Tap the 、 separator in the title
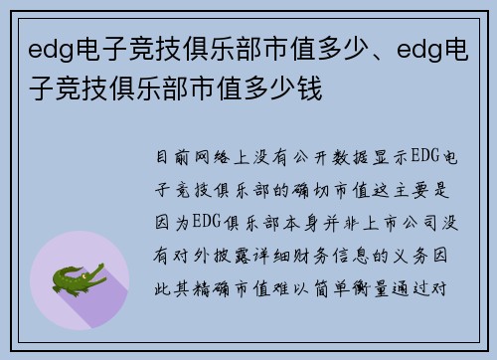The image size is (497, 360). click(x=336, y=50)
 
